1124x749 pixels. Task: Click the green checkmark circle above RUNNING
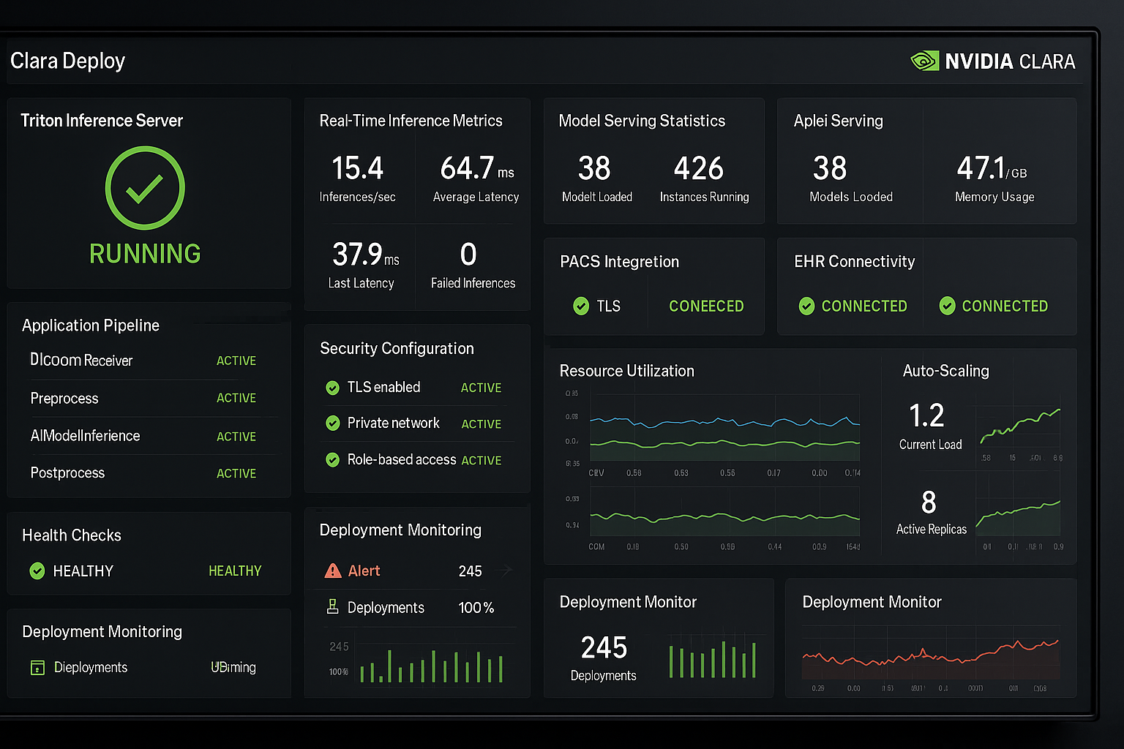tap(145, 188)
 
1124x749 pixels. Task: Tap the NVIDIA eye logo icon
tap(924, 61)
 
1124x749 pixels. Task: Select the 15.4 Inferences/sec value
tap(357, 168)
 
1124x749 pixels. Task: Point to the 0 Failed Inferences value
tap(468, 255)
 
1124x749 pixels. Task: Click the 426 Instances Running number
tap(699, 168)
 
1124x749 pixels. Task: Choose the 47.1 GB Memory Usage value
tap(981, 168)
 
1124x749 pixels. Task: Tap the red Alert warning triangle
tap(333, 571)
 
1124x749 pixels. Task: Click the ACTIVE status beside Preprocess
tap(236, 398)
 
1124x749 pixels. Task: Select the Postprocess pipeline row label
tap(67, 473)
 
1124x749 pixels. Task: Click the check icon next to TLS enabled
tap(332, 388)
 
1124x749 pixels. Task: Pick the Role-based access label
tap(402, 459)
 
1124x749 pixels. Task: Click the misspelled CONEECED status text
tap(706, 306)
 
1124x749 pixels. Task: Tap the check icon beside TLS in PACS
tap(581, 306)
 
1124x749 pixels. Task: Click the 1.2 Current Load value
tap(926, 415)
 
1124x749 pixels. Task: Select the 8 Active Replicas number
tap(929, 503)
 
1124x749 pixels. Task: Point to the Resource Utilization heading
tap(626, 371)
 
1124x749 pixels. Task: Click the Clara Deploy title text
tap(67, 61)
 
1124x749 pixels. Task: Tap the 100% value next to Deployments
tap(476, 608)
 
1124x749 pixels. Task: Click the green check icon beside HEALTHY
tap(37, 571)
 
